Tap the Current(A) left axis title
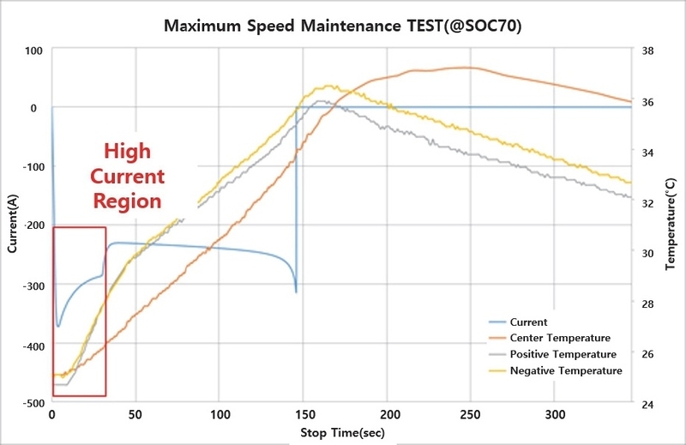pyautogui.click(x=12, y=226)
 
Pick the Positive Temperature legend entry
pyautogui.click(x=563, y=354)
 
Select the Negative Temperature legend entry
pyautogui.click(x=566, y=370)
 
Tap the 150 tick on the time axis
pyautogui.click(x=303, y=414)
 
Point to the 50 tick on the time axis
pyautogui.click(x=135, y=414)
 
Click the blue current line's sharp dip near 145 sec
pyautogui.click(x=296, y=292)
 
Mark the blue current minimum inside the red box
pyautogui.click(x=58, y=326)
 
